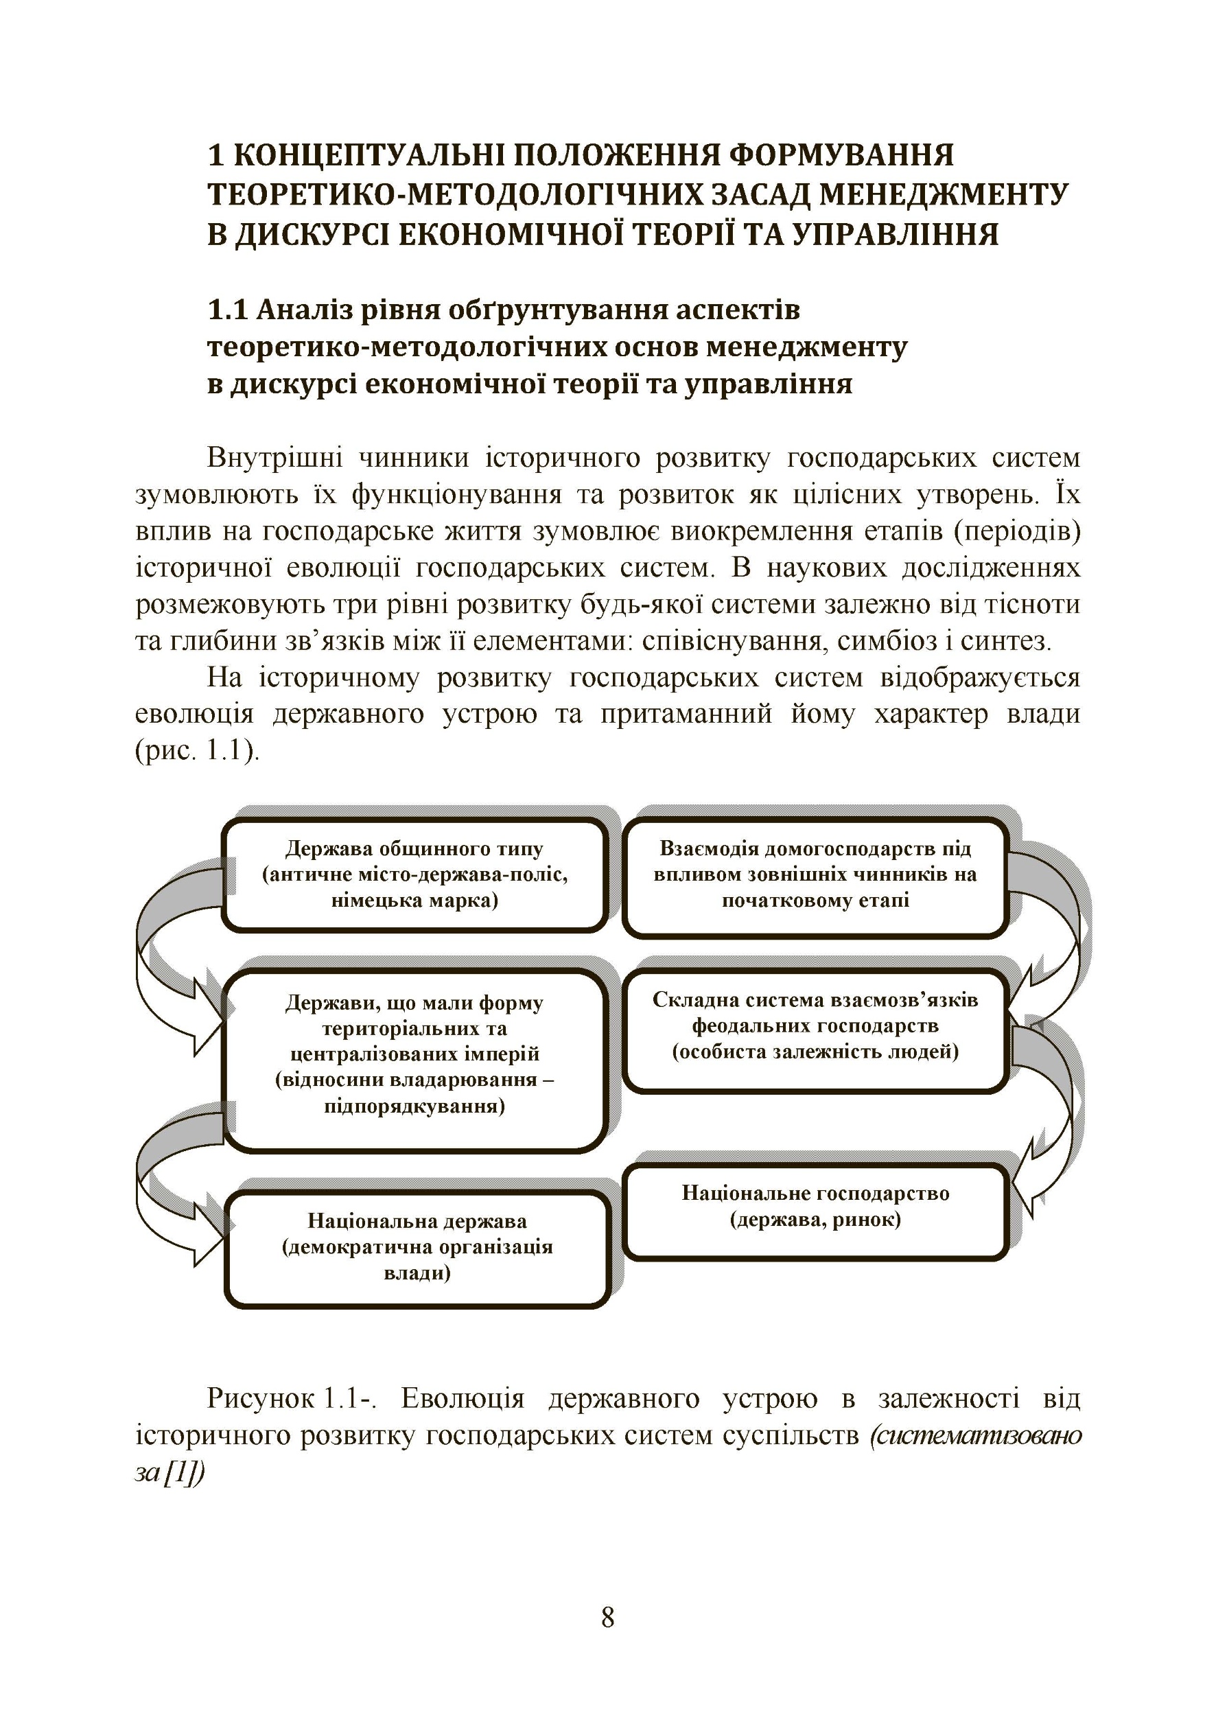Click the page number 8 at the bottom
tap(607, 1618)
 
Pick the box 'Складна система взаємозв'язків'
tap(815, 1026)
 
